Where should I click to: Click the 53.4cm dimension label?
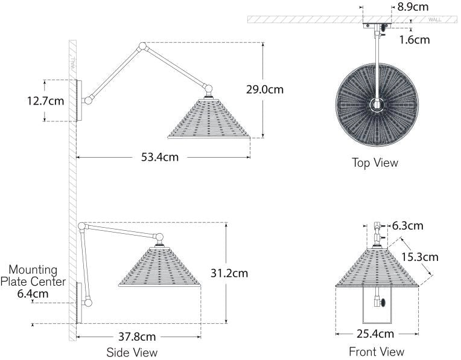(x=160, y=157)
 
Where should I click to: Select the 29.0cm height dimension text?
(x=265, y=89)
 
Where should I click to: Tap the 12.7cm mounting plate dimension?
(x=46, y=101)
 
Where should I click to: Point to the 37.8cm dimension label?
(x=137, y=336)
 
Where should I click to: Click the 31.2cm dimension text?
(x=229, y=274)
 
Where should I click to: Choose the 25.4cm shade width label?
(x=375, y=334)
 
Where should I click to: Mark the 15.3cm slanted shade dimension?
(x=420, y=257)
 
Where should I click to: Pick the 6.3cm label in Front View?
(x=407, y=226)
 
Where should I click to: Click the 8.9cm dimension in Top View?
(x=413, y=7)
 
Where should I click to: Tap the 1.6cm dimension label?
(x=415, y=40)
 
